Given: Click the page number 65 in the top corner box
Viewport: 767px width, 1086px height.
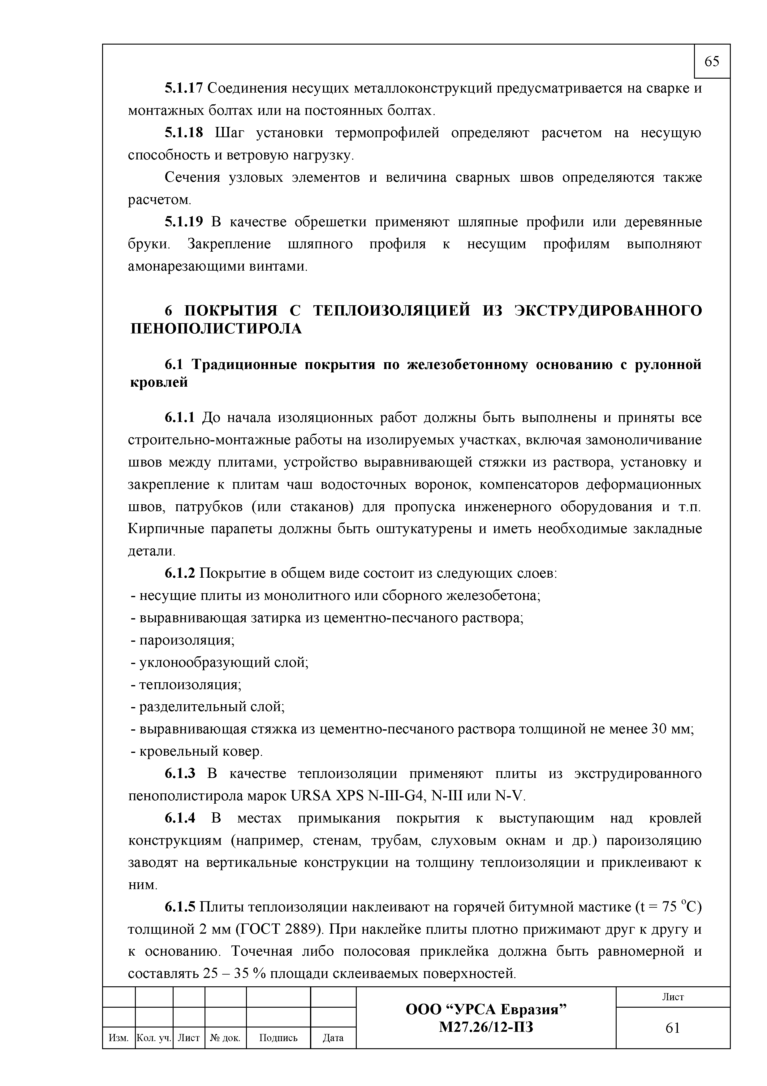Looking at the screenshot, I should [x=712, y=62].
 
